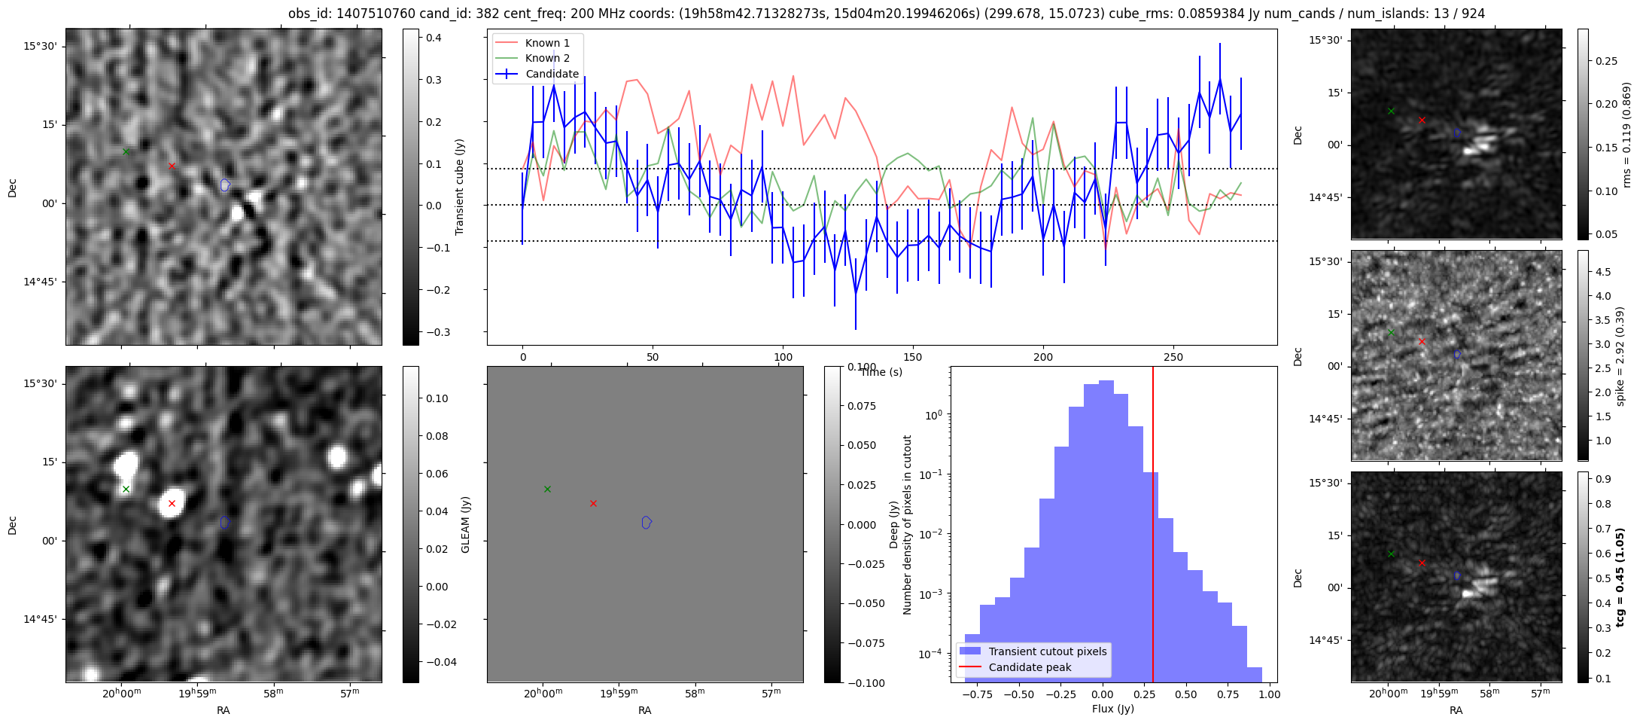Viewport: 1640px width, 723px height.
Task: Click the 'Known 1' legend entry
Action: (547, 43)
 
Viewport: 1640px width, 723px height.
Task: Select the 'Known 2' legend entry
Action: (547, 58)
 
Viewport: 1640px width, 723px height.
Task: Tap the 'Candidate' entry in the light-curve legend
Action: (552, 74)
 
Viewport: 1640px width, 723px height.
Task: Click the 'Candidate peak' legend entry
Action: (1030, 667)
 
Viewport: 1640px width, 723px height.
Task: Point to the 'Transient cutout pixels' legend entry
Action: (1047, 651)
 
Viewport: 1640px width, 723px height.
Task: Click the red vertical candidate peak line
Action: (1152, 527)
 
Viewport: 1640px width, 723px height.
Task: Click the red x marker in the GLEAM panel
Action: (172, 503)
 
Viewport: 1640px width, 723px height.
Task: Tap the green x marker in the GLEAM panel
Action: (126, 490)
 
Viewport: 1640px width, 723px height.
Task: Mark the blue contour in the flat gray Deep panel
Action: (647, 522)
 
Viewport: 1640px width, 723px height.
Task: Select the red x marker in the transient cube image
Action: (172, 166)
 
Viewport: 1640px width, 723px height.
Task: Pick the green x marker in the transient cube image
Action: (126, 151)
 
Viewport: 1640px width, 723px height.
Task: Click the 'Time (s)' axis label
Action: (881, 372)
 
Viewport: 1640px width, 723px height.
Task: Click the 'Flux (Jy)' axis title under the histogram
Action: (1112, 709)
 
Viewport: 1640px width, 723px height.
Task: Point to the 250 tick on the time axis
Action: (1173, 357)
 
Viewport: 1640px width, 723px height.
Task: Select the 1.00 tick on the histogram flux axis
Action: (1269, 694)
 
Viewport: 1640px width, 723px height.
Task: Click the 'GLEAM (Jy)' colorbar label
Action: (465, 525)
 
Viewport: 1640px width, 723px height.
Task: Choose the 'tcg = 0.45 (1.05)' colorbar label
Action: (1620, 577)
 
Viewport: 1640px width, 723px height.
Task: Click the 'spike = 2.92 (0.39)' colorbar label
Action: (1620, 355)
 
